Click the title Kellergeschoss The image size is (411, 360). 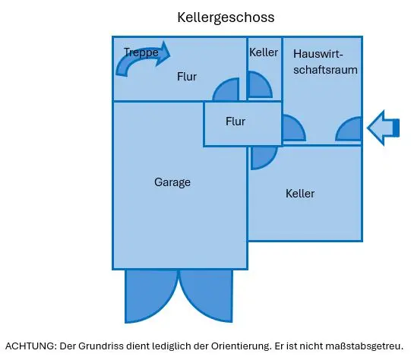click(226, 17)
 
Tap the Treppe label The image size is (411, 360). click(141, 52)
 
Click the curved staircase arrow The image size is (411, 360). click(143, 60)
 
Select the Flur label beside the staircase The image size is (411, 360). click(187, 77)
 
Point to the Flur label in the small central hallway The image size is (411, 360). click(236, 122)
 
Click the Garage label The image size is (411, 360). click(172, 182)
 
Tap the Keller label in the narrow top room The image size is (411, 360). click(264, 52)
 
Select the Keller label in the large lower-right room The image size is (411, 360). click(300, 194)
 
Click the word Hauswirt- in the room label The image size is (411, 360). click(318, 54)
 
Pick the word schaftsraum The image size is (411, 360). click(325, 70)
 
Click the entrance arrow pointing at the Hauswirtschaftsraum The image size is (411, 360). click(383, 128)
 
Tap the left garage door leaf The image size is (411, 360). click(151, 296)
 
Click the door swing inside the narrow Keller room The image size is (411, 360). click(259, 84)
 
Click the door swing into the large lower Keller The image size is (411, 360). click(263, 157)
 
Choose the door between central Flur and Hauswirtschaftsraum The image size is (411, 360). click(293, 128)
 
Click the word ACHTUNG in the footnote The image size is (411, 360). click(30, 346)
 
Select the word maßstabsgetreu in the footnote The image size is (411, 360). click(365, 346)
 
